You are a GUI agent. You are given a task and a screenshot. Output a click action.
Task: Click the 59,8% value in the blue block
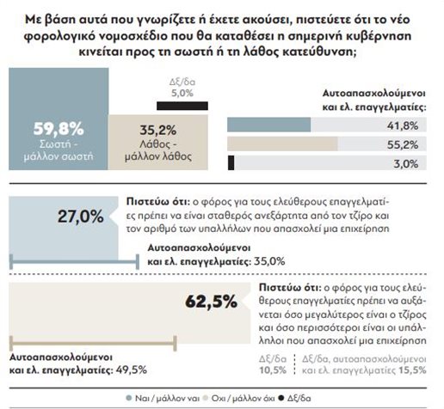[x=58, y=130]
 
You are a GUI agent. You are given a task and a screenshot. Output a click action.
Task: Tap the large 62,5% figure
[x=212, y=302]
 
